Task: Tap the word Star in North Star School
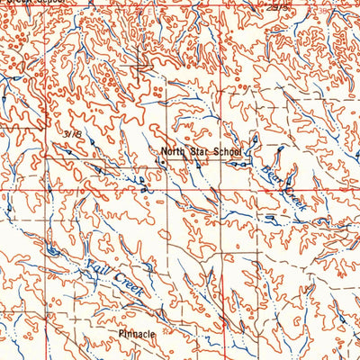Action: point(199,152)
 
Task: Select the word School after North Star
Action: point(226,152)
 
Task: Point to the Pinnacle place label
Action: point(138,334)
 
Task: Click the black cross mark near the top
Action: point(140,65)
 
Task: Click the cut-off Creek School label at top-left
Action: point(32,3)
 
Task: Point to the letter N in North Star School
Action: point(165,152)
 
